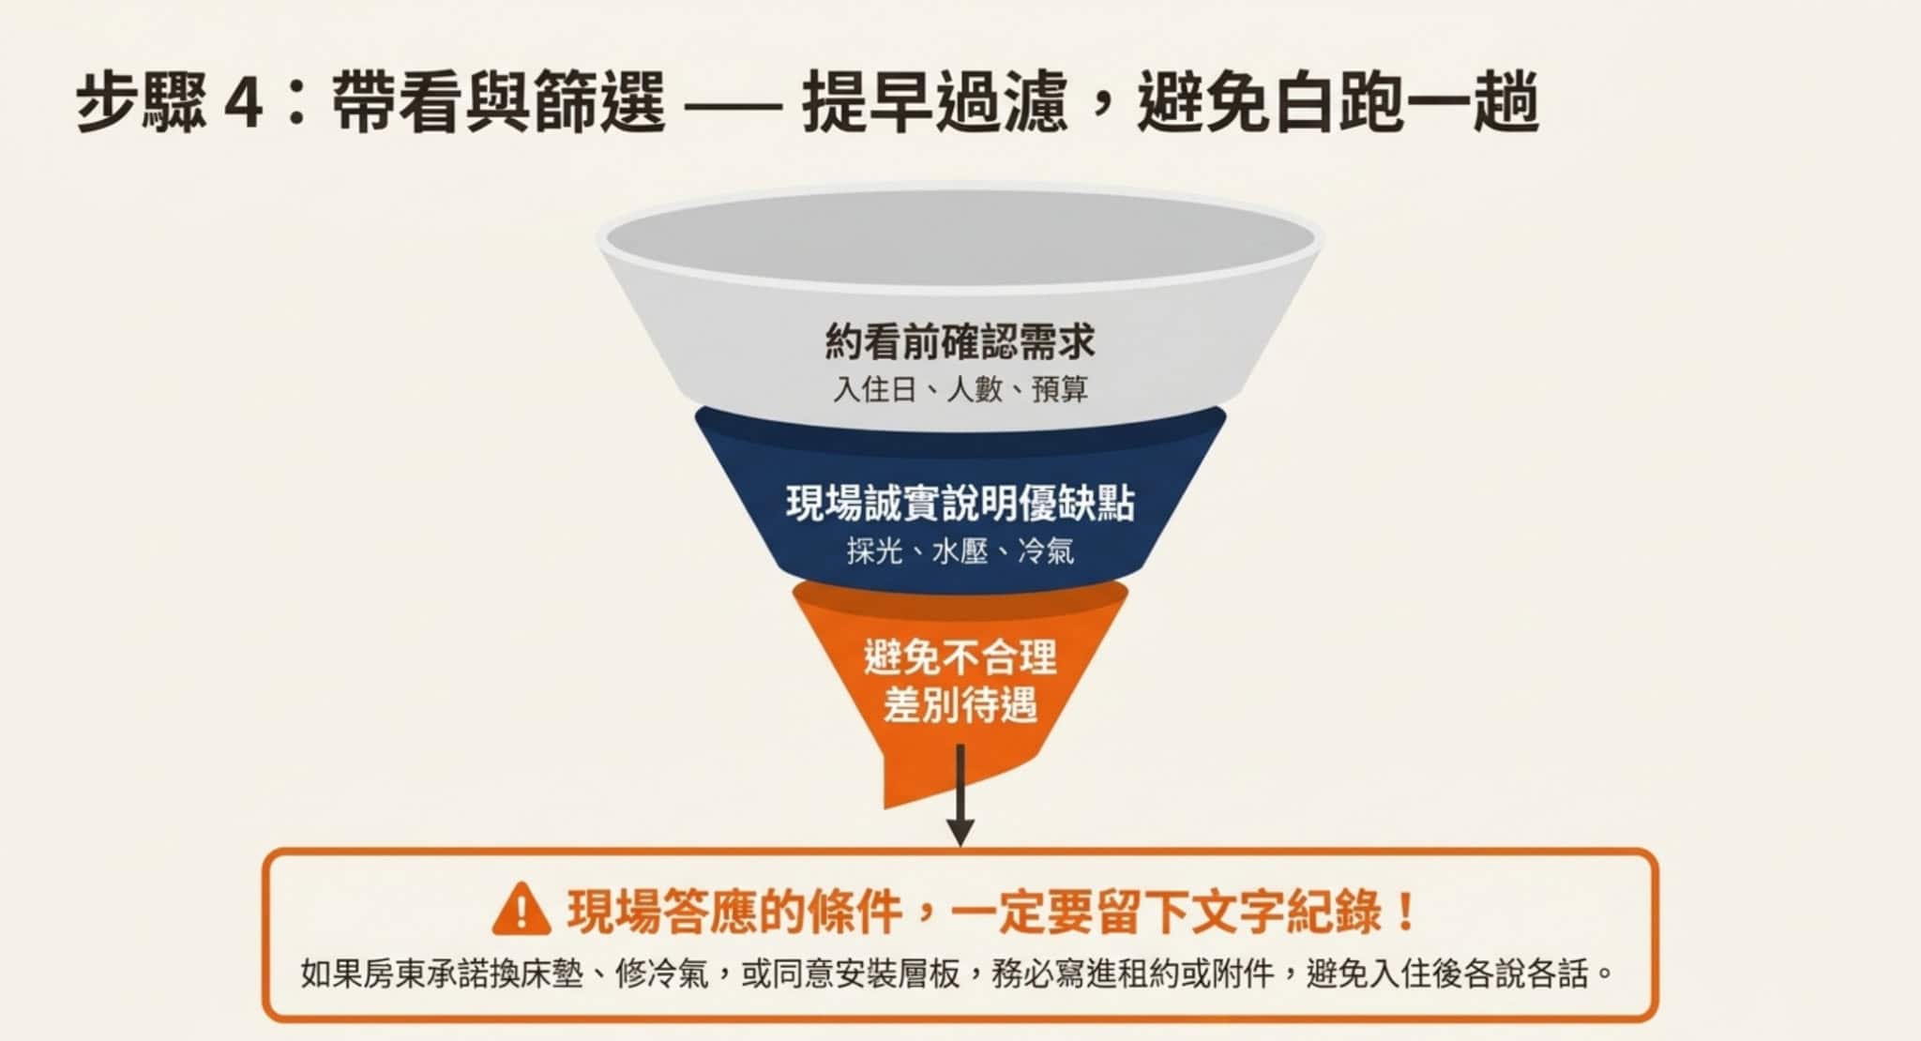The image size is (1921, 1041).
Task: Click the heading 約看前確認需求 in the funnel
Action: click(x=960, y=340)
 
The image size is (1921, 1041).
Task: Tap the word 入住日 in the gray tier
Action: click(x=874, y=388)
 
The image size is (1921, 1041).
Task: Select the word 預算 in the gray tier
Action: click(x=1060, y=388)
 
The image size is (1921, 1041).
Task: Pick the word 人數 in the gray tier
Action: click(x=975, y=388)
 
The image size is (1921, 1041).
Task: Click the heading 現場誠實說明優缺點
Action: click(x=960, y=504)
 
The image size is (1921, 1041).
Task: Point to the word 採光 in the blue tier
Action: click(x=874, y=551)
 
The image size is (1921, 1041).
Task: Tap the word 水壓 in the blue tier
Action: click(x=960, y=551)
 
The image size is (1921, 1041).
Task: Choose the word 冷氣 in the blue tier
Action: click(x=1046, y=551)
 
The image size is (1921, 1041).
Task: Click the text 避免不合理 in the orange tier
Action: click(x=960, y=656)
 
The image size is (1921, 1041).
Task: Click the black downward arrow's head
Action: click(x=960, y=831)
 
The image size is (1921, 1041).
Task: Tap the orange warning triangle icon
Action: click(x=522, y=910)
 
